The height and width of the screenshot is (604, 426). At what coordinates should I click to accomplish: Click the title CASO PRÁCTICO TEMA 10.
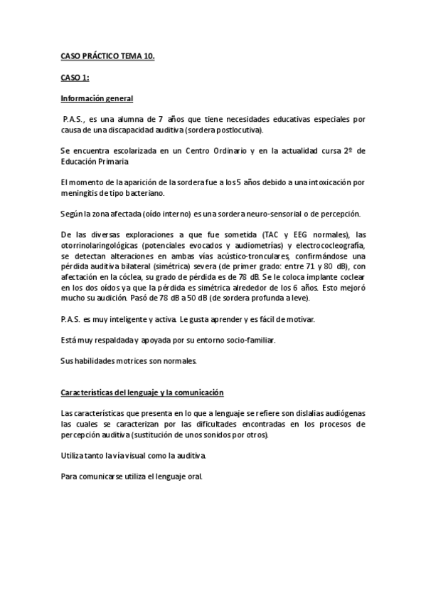coord(107,53)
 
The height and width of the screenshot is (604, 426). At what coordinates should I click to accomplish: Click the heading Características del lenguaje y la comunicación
coord(142,392)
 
